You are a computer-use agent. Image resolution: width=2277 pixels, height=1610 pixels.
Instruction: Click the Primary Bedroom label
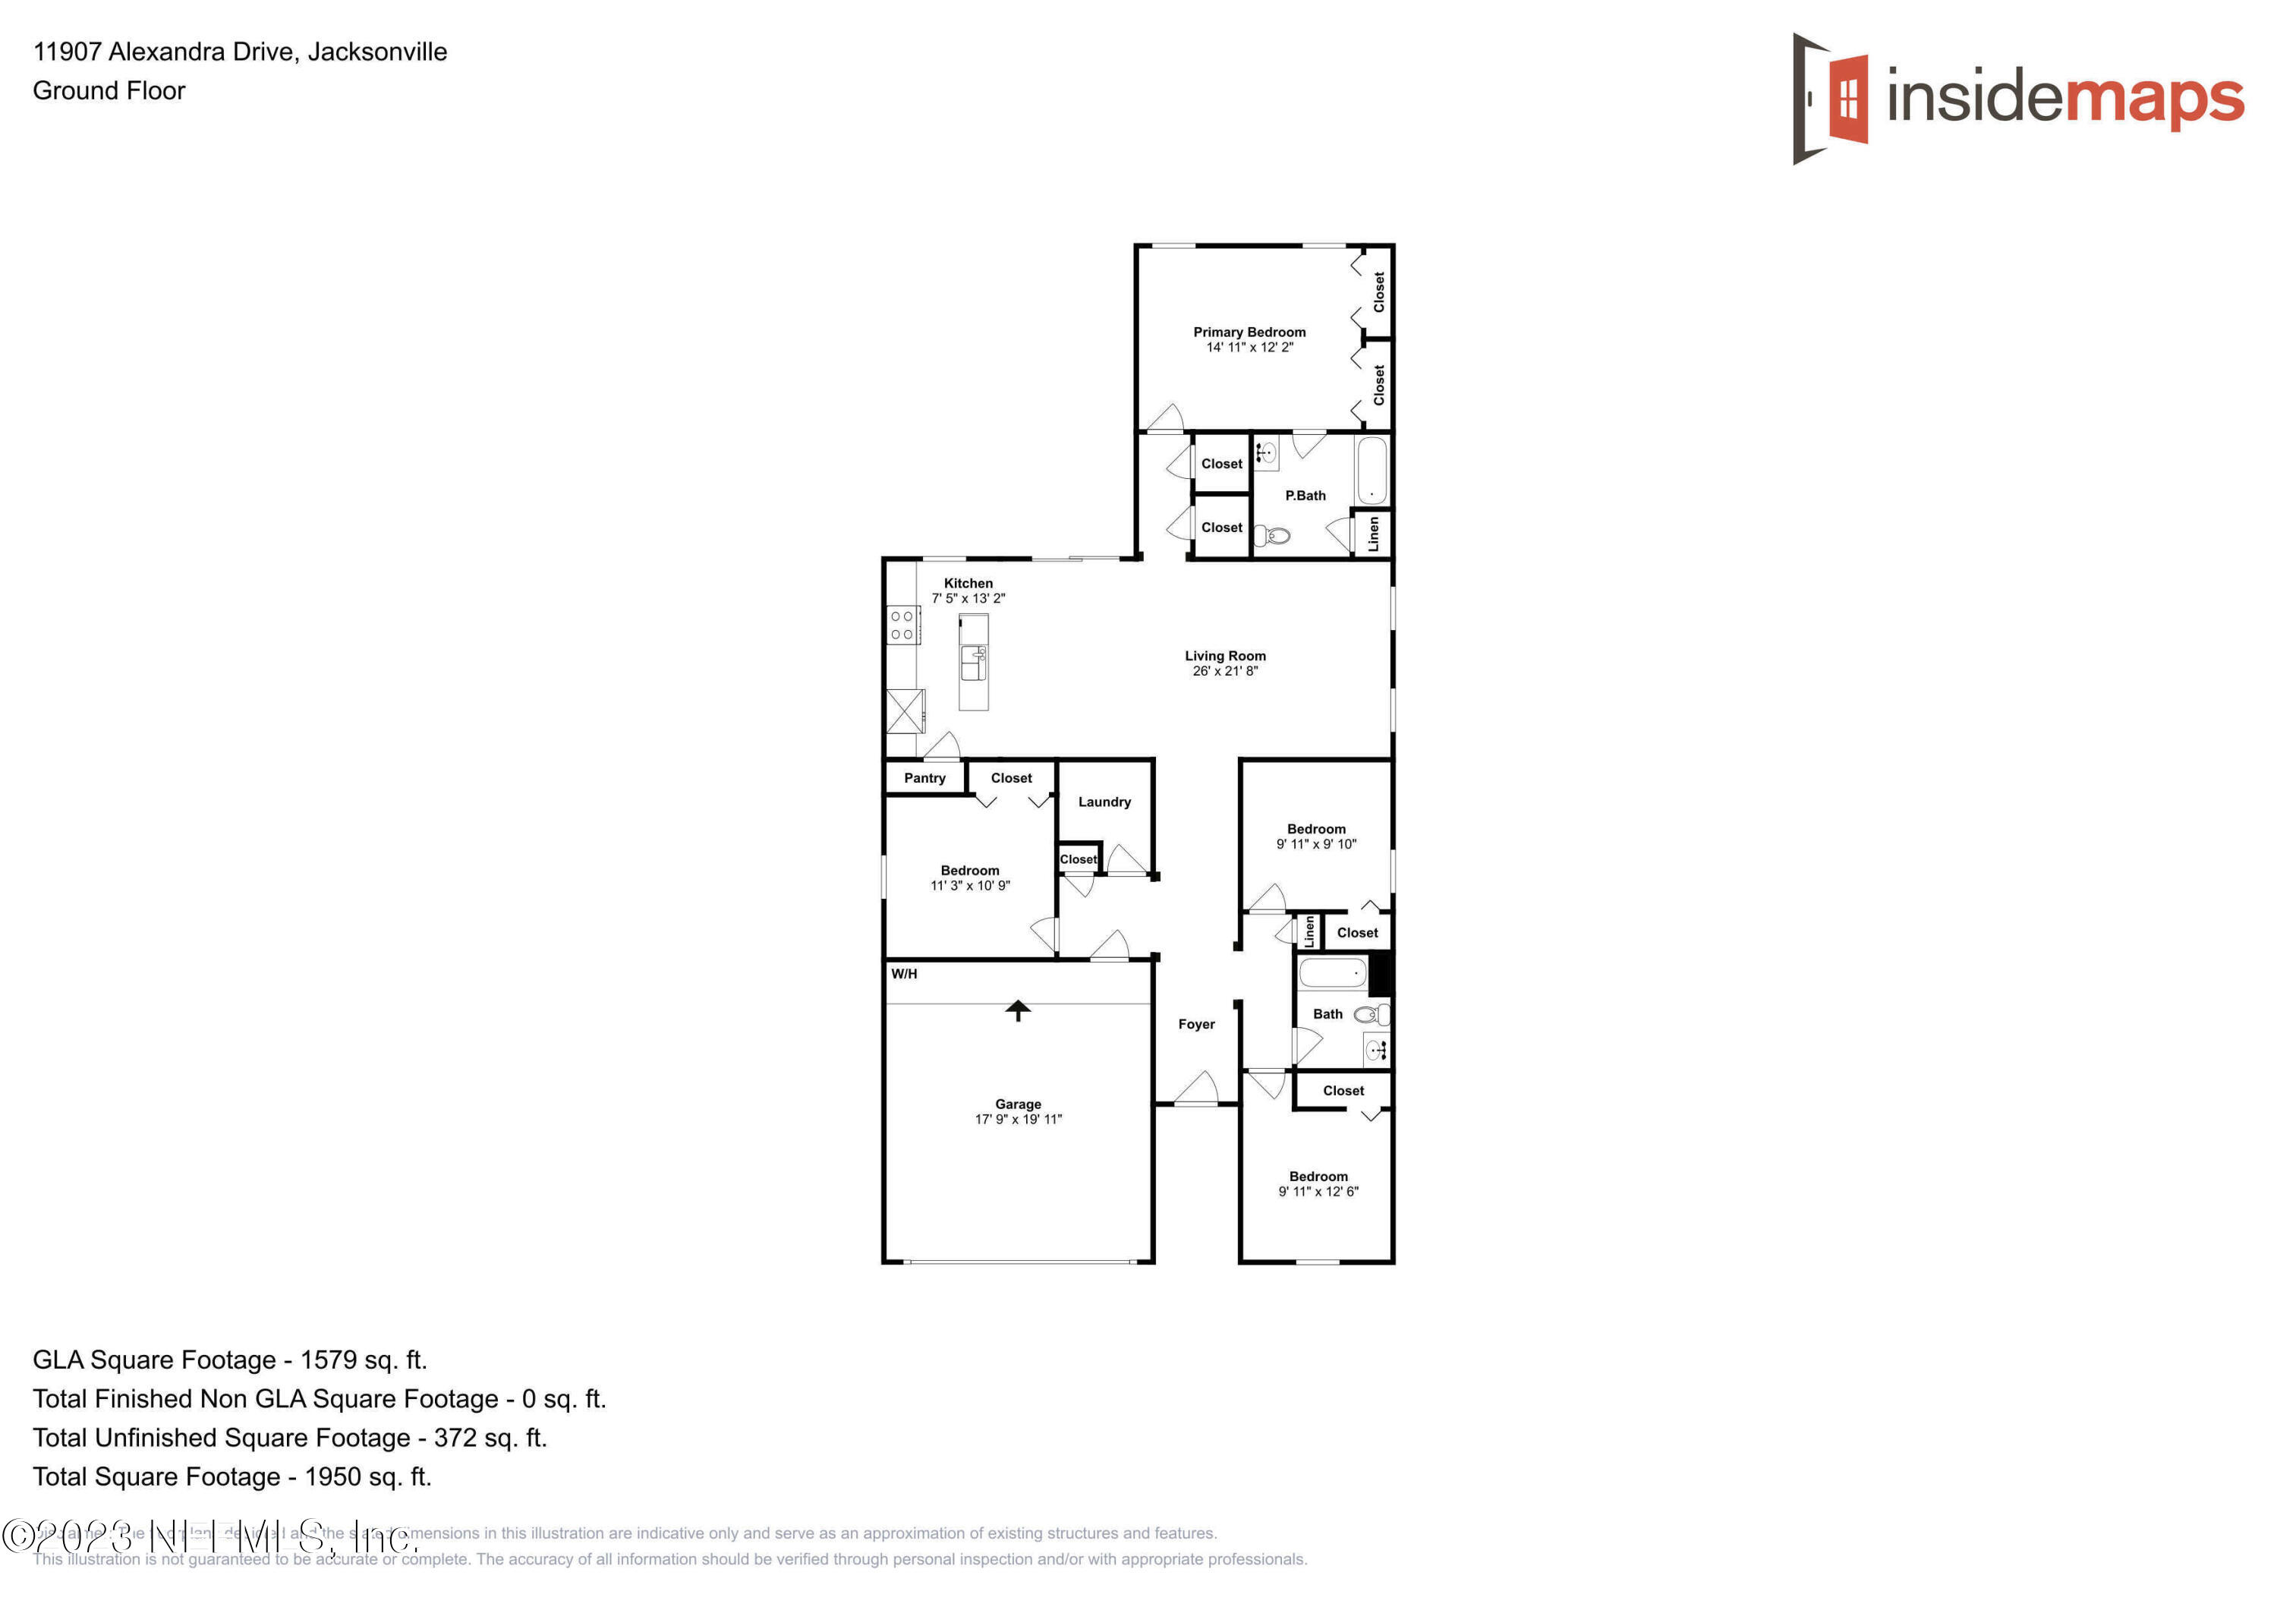click(x=1249, y=332)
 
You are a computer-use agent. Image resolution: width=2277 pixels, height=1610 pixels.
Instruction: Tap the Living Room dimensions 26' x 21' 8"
click(x=1225, y=672)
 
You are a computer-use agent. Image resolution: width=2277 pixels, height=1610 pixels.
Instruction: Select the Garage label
click(x=1018, y=1104)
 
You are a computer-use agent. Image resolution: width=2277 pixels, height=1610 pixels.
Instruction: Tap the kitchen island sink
click(x=973, y=663)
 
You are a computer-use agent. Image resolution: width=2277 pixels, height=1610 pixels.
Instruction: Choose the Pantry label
click(x=924, y=779)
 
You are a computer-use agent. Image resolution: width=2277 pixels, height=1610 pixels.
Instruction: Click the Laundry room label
click(x=1104, y=802)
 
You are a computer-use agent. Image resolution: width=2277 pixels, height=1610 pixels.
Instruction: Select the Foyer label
click(x=1196, y=1025)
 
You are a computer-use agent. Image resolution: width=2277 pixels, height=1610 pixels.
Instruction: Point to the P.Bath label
click(x=1305, y=496)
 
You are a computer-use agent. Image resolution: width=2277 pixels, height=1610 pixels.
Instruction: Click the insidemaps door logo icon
click(x=1831, y=99)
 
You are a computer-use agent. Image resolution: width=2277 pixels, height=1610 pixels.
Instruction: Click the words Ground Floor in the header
click(x=109, y=91)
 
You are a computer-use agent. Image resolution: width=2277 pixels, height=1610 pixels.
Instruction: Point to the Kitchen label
click(x=968, y=583)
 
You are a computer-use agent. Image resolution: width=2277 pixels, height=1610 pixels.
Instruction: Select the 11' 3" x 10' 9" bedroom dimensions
click(x=969, y=886)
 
